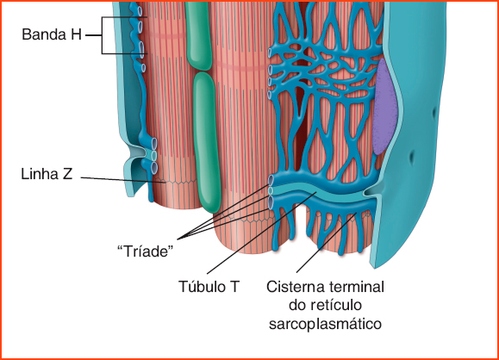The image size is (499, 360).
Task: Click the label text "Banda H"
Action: point(52,34)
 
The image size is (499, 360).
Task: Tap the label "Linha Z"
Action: point(47,174)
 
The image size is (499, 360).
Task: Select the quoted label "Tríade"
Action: point(146,251)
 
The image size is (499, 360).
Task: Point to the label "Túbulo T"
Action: point(209,286)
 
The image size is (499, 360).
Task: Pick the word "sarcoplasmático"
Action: point(325,324)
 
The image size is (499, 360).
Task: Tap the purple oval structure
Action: point(385,107)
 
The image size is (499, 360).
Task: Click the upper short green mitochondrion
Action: point(198,35)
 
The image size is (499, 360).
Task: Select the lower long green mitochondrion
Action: point(207,142)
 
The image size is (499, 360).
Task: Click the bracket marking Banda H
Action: point(103,35)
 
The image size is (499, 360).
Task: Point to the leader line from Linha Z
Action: point(123,180)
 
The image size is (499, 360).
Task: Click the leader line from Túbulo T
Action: point(262,233)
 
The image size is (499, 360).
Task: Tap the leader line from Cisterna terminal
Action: point(326,242)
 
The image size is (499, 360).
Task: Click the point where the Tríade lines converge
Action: point(178,239)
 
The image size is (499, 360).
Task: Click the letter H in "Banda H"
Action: point(77,34)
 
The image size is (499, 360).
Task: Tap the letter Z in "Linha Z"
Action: point(68,174)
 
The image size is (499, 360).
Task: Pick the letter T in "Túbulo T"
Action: point(234,286)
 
